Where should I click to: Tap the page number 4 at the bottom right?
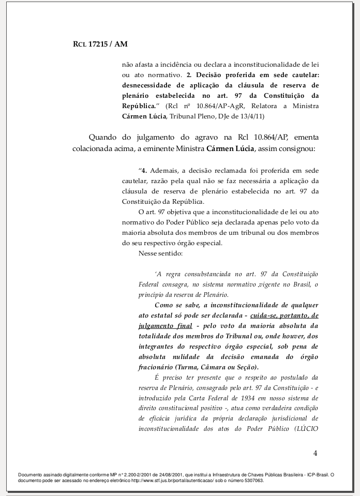point(315,454)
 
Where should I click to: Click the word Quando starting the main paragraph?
point(102,138)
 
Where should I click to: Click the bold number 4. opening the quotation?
point(145,171)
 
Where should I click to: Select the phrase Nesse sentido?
point(157,253)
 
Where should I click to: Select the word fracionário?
point(156,367)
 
